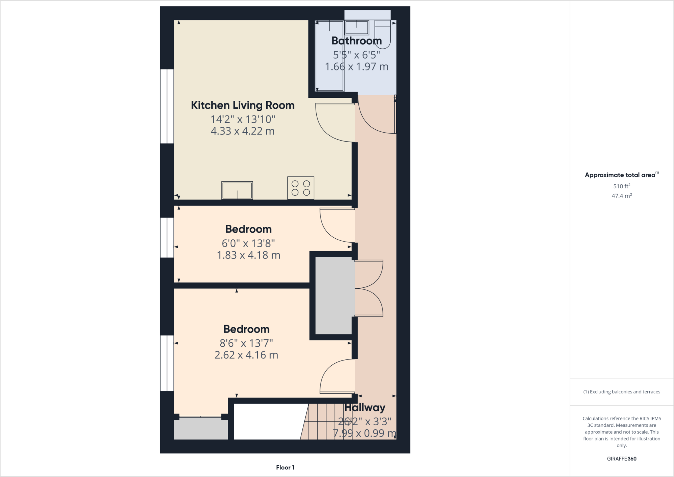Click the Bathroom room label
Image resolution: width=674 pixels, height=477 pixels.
coord(356,41)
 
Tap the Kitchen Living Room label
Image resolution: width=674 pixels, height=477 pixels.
coord(243,105)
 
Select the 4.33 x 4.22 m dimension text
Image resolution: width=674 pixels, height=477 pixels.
coord(243,131)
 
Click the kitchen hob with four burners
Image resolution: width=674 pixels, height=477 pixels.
coord(300,188)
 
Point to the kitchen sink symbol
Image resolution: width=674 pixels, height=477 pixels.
coord(237,190)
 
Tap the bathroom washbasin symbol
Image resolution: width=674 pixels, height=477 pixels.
coord(357,28)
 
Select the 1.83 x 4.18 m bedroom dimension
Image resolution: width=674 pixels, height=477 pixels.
coord(248,255)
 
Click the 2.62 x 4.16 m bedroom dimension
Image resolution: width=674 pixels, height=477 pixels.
coord(246,355)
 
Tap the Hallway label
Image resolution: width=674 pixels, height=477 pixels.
coord(365,408)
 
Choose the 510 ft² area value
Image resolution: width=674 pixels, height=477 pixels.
coord(621,186)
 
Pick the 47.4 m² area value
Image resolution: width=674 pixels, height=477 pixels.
coord(621,196)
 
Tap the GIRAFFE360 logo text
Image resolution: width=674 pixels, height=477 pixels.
coord(621,459)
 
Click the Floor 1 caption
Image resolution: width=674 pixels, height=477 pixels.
coord(285,467)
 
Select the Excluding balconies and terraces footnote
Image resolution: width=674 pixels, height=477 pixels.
coord(621,392)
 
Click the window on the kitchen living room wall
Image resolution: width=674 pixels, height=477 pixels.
coord(167,106)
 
